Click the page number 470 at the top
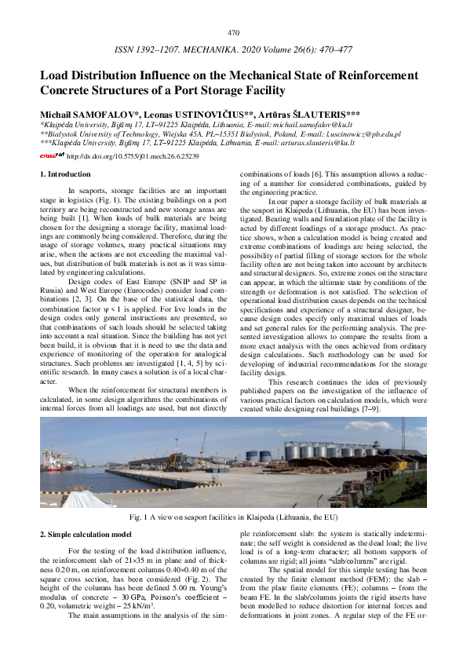click(x=233, y=33)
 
